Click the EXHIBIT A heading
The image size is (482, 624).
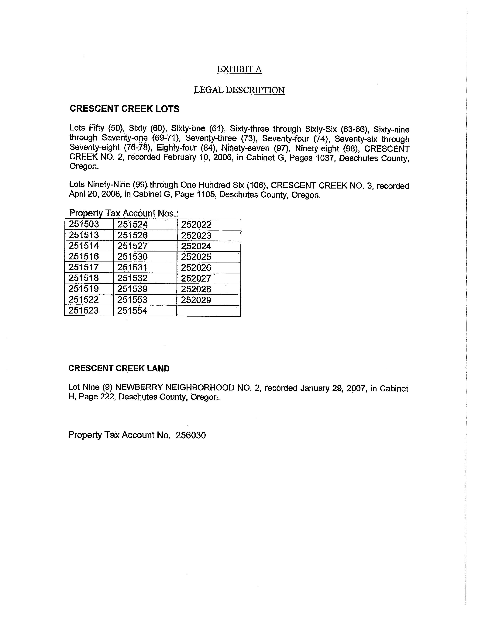coord(239,69)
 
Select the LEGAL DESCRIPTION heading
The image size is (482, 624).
coord(239,90)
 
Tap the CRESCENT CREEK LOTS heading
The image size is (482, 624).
coord(125,109)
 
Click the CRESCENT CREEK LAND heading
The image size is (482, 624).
coord(119,368)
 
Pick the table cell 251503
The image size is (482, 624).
coord(84,224)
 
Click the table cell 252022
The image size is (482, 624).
coord(196,225)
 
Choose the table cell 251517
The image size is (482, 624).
coord(84,267)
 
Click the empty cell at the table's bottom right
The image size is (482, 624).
coord(209,311)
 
